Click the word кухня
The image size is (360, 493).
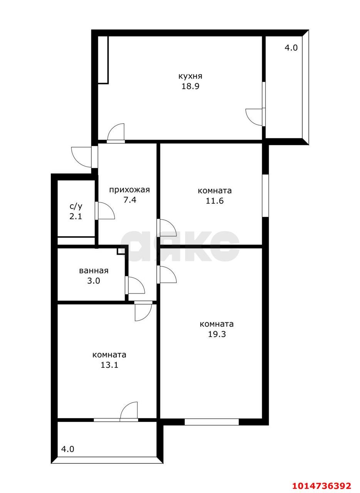(190, 76)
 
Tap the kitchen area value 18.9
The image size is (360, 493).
(190, 86)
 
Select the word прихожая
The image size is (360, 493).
(129, 189)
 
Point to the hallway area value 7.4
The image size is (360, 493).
(129, 200)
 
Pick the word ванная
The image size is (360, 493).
(94, 270)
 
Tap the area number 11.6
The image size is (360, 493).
(214, 201)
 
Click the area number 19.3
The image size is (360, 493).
(217, 334)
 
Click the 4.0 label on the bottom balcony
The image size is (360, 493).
(68, 449)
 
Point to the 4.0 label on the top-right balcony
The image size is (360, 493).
(291, 48)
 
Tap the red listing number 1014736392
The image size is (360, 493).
(321, 485)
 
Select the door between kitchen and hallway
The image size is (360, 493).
(116, 133)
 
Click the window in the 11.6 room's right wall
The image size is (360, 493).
(265, 196)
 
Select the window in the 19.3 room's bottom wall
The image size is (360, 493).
(211, 422)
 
